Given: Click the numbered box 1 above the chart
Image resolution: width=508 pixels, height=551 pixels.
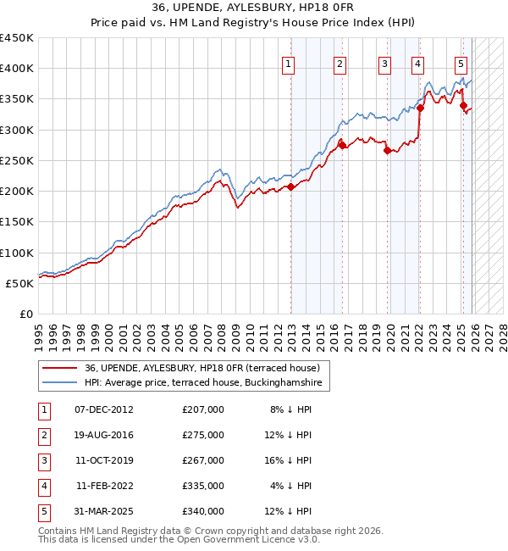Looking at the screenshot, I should (290, 63).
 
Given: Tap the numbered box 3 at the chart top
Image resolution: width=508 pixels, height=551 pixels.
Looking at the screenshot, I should (384, 63).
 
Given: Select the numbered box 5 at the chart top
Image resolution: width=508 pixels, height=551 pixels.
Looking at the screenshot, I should (461, 63).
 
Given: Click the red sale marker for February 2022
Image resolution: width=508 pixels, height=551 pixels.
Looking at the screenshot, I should (420, 108).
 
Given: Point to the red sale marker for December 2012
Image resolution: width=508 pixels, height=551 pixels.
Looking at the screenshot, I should (290, 186).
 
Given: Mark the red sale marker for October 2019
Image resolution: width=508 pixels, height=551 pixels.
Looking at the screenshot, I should (387, 151).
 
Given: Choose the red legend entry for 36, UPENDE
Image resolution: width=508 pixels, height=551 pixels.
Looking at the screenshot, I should (202, 368).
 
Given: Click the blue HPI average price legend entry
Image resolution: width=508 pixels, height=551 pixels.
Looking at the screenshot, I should (203, 383).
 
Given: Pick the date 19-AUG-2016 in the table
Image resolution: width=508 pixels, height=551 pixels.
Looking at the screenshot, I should (104, 434).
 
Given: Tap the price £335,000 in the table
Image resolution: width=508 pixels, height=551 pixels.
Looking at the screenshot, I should (202, 486).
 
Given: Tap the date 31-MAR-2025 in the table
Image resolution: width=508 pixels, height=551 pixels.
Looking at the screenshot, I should (104, 511).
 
